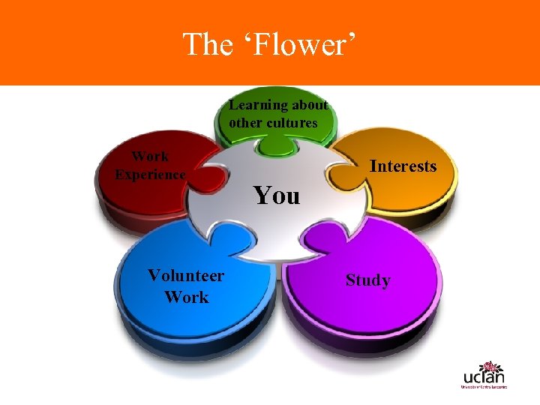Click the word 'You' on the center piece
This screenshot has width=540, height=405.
pos(276,195)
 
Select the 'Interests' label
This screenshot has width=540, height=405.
pos(403,166)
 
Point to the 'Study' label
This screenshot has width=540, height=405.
pos(367,280)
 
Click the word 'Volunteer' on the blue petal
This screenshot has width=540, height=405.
pos(185,275)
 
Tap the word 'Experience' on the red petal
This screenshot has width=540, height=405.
pos(149,175)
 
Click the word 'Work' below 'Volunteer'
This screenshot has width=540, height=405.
pos(186,297)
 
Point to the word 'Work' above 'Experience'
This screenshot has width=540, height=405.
pos(150,157)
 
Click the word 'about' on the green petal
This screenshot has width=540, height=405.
pos(311,106)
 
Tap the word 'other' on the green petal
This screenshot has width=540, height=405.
pos(244,123)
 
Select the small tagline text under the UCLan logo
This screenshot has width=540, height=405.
pos(484,387)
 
